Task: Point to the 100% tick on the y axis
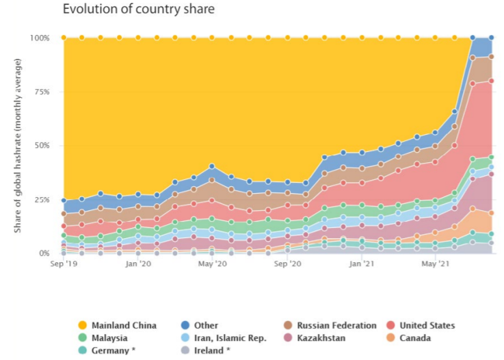coord(40,38)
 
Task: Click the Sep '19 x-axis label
coord(64,263)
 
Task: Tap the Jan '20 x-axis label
coord(139,263)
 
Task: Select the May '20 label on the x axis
coord(213,263)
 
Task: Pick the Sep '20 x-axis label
coord(287,263)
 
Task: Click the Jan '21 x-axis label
coord(362,263)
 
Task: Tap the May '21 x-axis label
coord(436,263)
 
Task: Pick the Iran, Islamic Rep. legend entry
coord(229,337)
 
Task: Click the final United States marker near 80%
coord(491,81)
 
